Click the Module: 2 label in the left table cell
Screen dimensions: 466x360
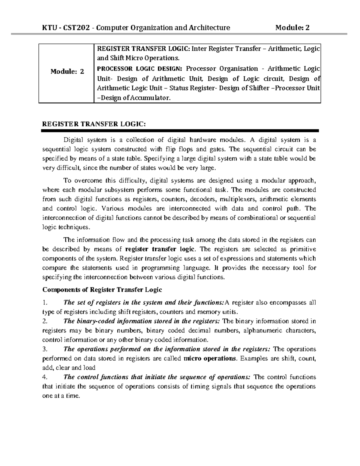(67, 71)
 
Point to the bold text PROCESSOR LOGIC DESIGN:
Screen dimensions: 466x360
(139, 69)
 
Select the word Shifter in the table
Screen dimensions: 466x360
(259, 88)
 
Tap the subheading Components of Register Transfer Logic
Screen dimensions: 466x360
(102, 290)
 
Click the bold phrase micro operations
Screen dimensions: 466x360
(210, 358)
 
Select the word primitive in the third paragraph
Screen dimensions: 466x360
(303, 249)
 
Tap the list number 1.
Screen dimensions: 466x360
(45, 302)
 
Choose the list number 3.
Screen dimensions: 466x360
(45, 349)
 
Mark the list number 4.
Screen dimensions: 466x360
(45, 377)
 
